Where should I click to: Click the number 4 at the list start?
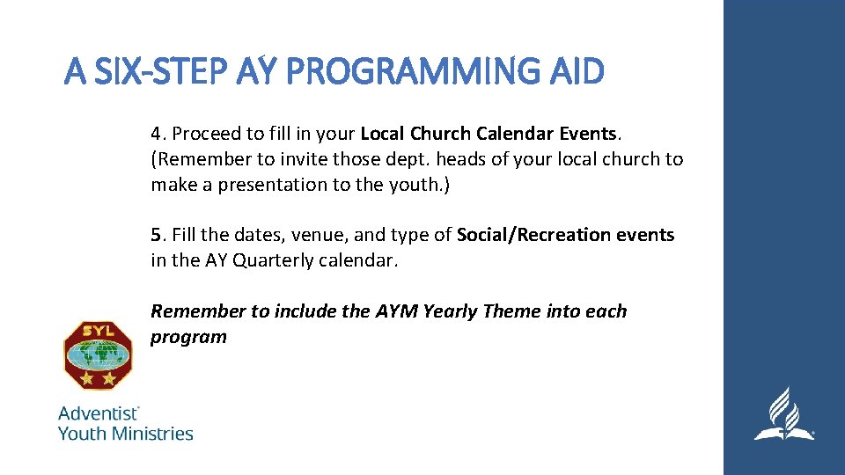click(156, 135)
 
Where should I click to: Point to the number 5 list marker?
click(156, 235)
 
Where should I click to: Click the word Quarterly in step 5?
click(274, 260)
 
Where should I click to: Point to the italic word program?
click(188, 337)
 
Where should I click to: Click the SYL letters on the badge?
click(98, 331)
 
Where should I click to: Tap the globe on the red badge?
click(98, 354)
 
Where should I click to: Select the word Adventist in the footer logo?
click(98, 413)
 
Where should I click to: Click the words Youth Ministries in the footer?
click(125, 433)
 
